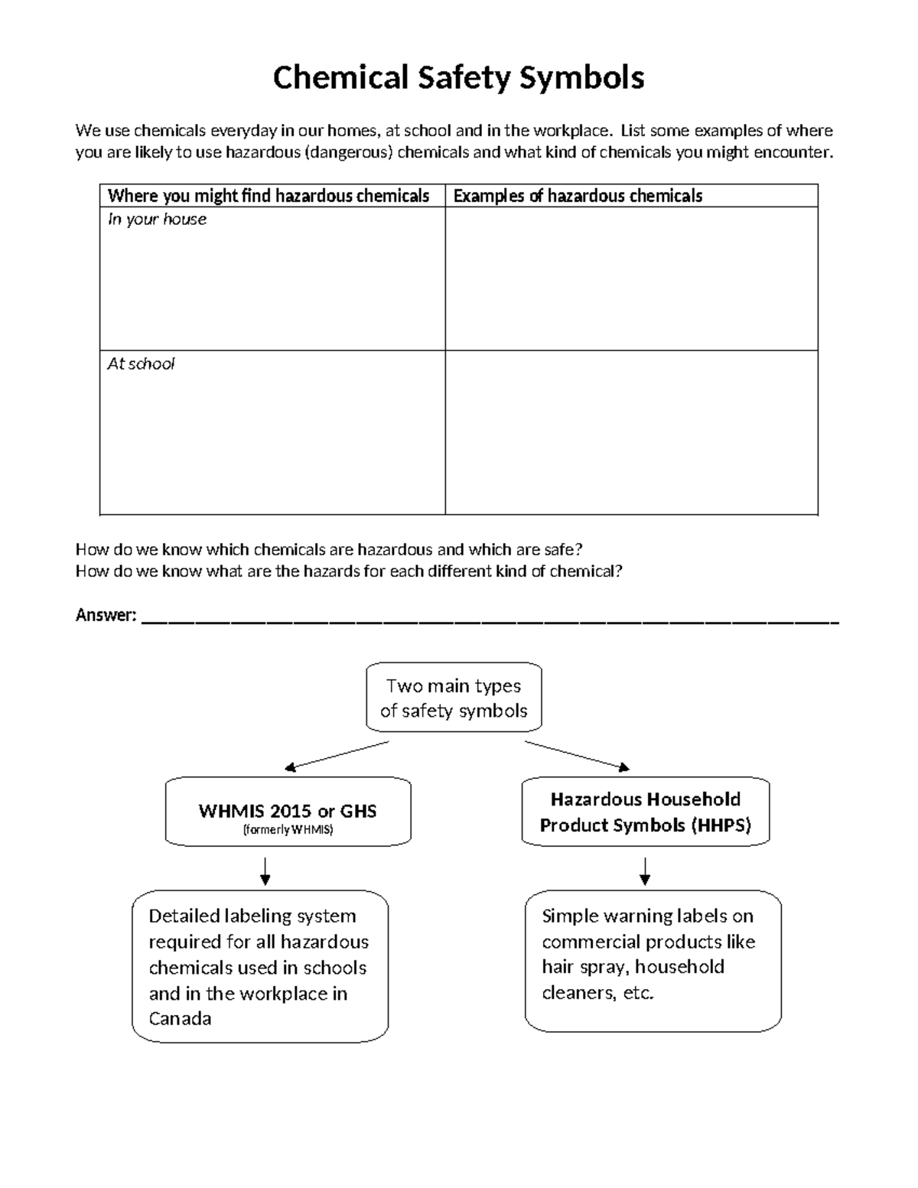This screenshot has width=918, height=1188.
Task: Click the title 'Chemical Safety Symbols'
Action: click(x=458, y=78)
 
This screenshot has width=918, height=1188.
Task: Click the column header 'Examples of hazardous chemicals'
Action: click(x=578, y=196)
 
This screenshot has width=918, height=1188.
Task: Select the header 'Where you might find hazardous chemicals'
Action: click(x=269, y=196)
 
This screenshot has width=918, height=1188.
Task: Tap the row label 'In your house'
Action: click(x=157, y=220)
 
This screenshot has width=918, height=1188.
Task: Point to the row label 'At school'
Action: click(x=141, y=364)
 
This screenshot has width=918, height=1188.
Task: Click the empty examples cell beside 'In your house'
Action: click(x=631, y=279)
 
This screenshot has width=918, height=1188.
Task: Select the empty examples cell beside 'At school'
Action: click(x=631, y=433)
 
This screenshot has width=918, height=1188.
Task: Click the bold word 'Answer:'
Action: click(x=106, y=616)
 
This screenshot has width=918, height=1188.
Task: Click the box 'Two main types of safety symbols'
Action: click(x=454, y=698)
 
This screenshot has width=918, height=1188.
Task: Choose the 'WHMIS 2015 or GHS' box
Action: click(x=288, y=811)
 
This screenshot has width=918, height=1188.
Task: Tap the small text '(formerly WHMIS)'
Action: click(x=288, y=830)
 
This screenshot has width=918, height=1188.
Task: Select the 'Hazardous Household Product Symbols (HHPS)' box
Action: click(x=645, y=812)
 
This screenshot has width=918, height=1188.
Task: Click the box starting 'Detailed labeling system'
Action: click(x=259, y=966)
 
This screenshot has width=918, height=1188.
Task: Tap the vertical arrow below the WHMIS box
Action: click(x=265, y=871)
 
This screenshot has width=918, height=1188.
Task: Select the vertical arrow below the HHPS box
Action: click(x=645, y=871)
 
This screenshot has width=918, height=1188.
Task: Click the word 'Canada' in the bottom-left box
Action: click(x=180, y=1019)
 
